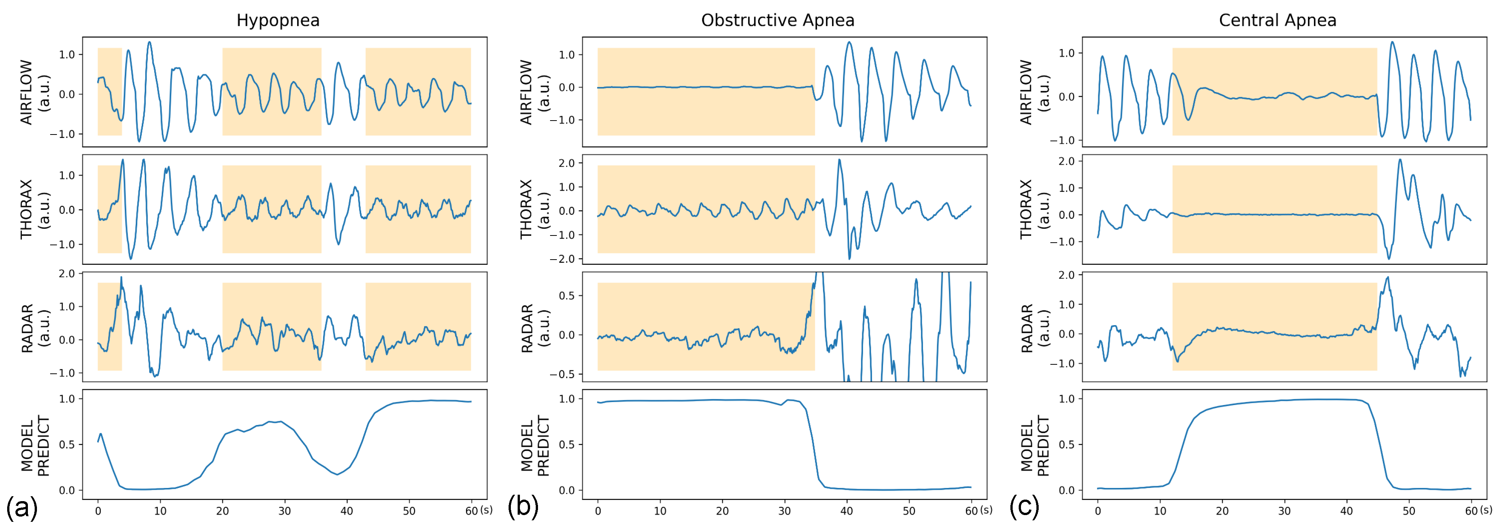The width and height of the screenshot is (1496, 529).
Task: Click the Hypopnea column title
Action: tap(277, 20)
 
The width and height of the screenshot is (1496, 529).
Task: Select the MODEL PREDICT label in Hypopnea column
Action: tap(35, 445)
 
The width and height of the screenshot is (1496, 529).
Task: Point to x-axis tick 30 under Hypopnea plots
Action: tap(285, 511)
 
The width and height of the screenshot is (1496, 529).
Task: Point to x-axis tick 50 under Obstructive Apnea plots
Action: tap(909, 511)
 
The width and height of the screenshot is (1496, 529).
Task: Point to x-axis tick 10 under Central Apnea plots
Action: tap(1160, 511)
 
